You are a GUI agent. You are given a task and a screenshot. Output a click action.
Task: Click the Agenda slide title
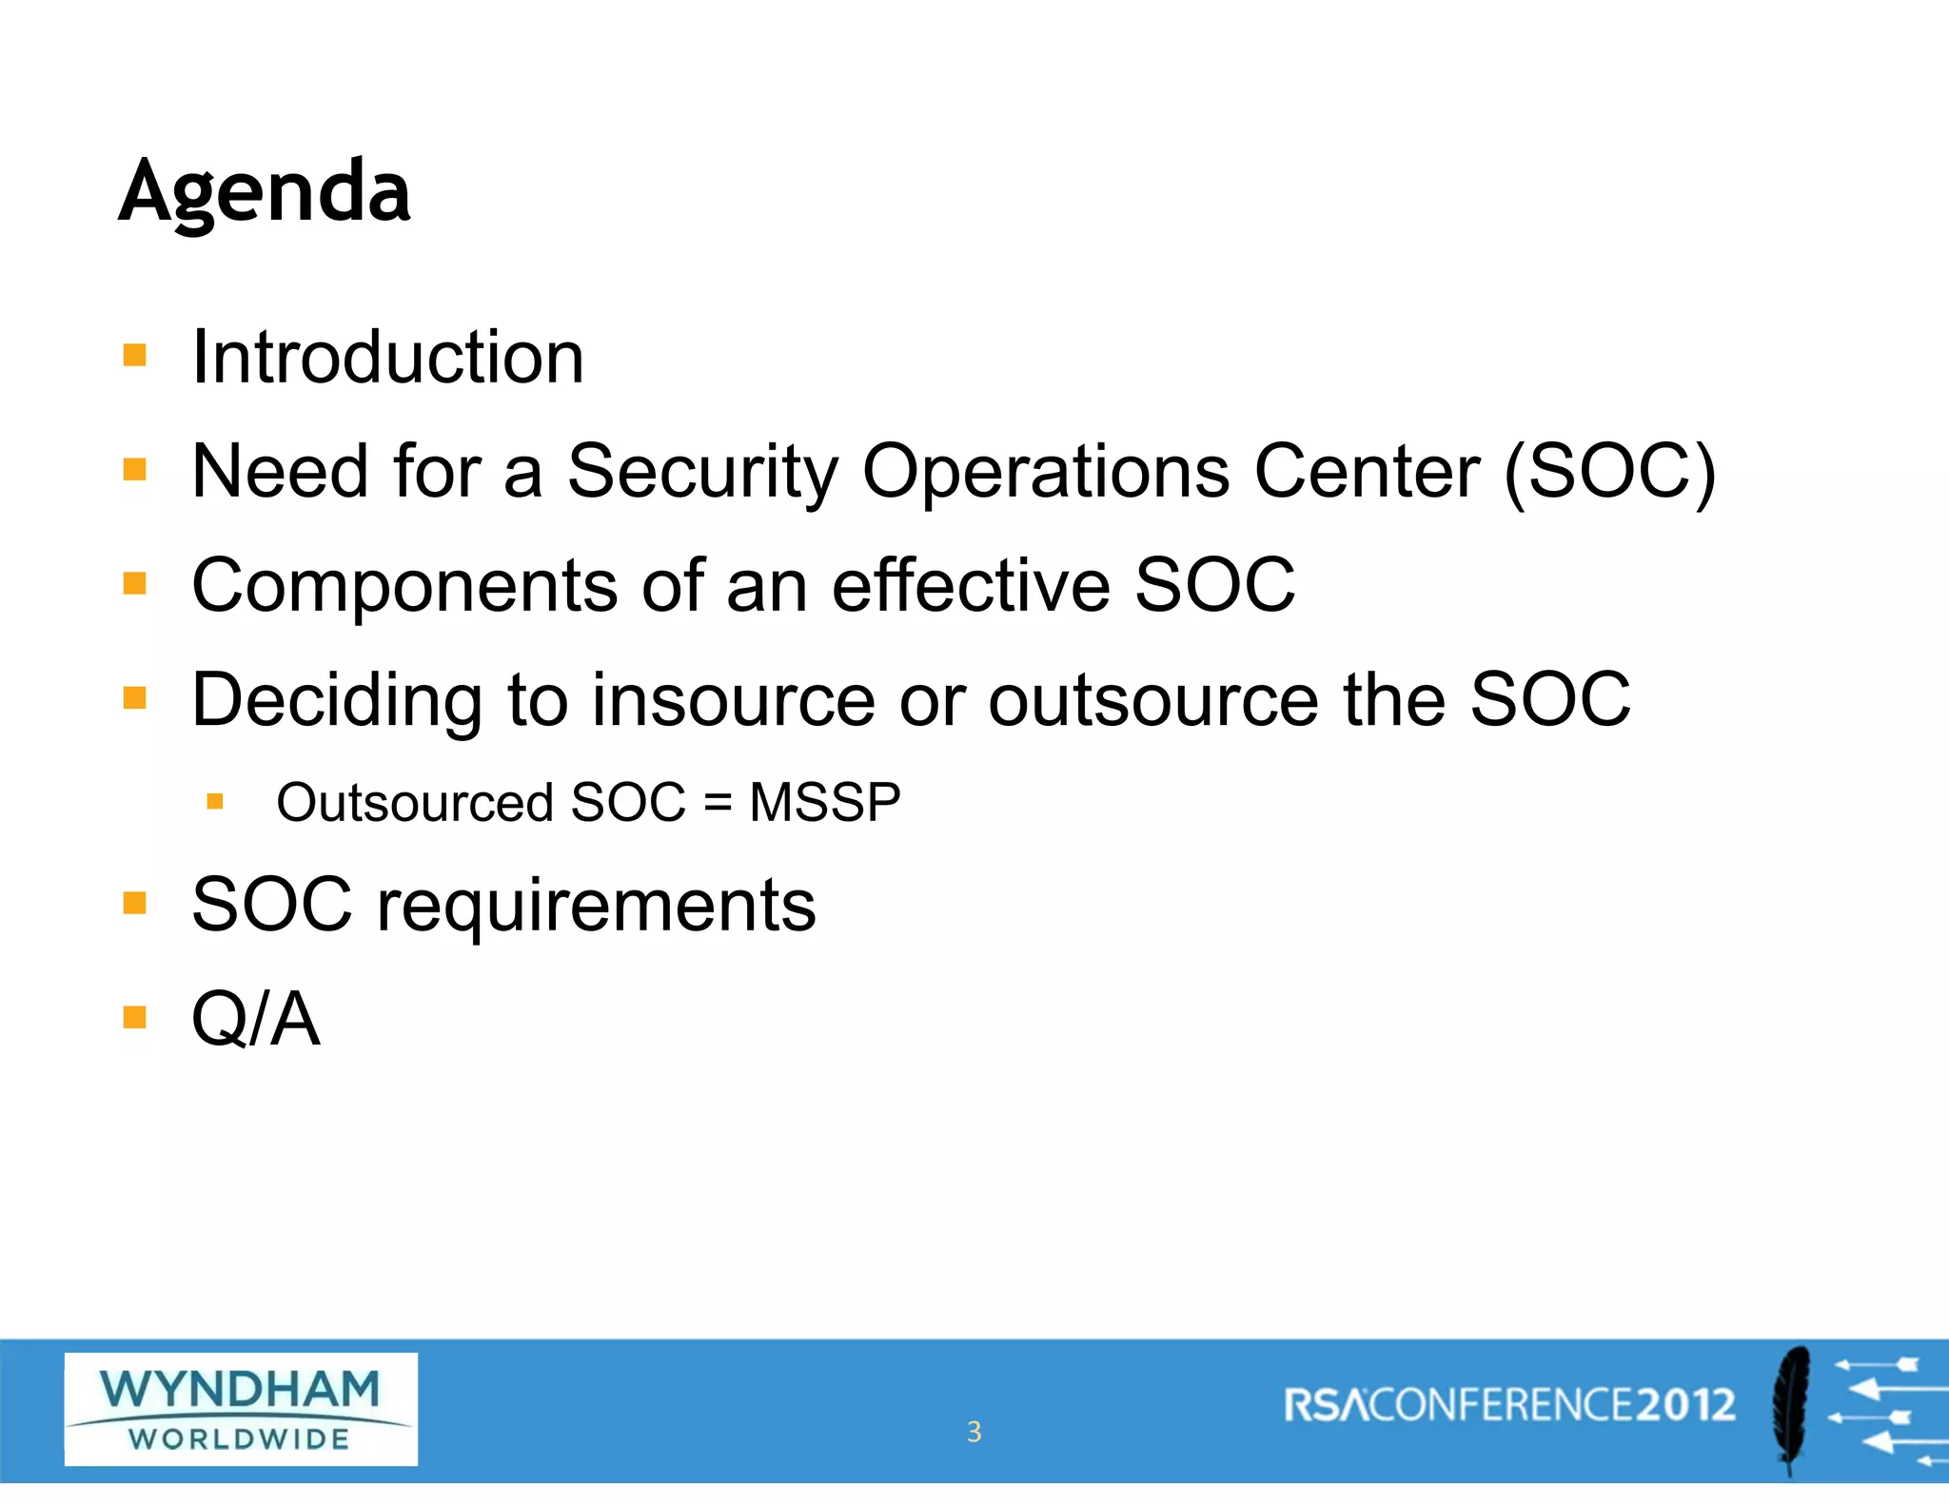coord(265,193)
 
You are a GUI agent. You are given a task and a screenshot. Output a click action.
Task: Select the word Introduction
coord(387,358)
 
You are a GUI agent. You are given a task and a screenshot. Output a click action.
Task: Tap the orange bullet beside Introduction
coord(135,356)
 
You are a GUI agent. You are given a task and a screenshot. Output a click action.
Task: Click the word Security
coord(702,472)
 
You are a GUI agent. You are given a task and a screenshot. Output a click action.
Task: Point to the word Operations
coord(1045,472)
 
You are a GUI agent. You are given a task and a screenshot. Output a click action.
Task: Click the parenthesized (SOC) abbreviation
coord(1610,472)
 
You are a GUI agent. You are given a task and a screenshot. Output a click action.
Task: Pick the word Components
coord(404,587)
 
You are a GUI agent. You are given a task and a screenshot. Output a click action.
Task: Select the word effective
coord(971,585)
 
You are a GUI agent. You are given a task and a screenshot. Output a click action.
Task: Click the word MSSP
coord(824,802)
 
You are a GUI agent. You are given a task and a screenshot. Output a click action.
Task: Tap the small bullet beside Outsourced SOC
coord(215,802)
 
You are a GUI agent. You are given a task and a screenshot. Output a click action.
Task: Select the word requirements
coord(597,907)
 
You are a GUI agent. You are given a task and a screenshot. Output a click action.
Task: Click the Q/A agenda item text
coord(255,1019)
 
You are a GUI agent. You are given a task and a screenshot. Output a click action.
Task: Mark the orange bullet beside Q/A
coord(135,1018)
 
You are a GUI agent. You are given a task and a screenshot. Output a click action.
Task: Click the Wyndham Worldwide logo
coord(241,1409)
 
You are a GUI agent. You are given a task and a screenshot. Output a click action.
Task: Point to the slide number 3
coord(974,1432)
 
